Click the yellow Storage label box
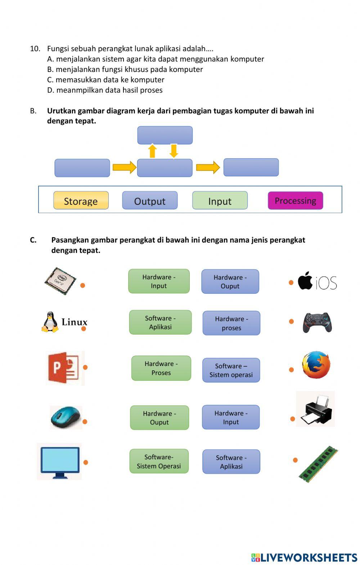pos(81,200)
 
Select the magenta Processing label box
pos(295,200)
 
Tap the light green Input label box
pos(220,200)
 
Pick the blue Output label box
pos(150,200)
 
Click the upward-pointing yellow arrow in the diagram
pos(153,151)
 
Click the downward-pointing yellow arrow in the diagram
pos(174,151)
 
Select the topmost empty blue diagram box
pos(165,135)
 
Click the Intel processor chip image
pos(60,281)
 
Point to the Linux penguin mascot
pos(50,322)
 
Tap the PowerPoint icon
pos(64,368)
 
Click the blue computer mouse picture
pos(66,417)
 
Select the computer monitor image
pos(60,462)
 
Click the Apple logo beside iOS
pos(305,281)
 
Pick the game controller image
pos(317,322)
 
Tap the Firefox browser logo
pos(316,365)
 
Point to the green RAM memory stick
pos(319,464)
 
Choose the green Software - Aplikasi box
pos(160,322)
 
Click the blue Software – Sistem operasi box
pos(231,370)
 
